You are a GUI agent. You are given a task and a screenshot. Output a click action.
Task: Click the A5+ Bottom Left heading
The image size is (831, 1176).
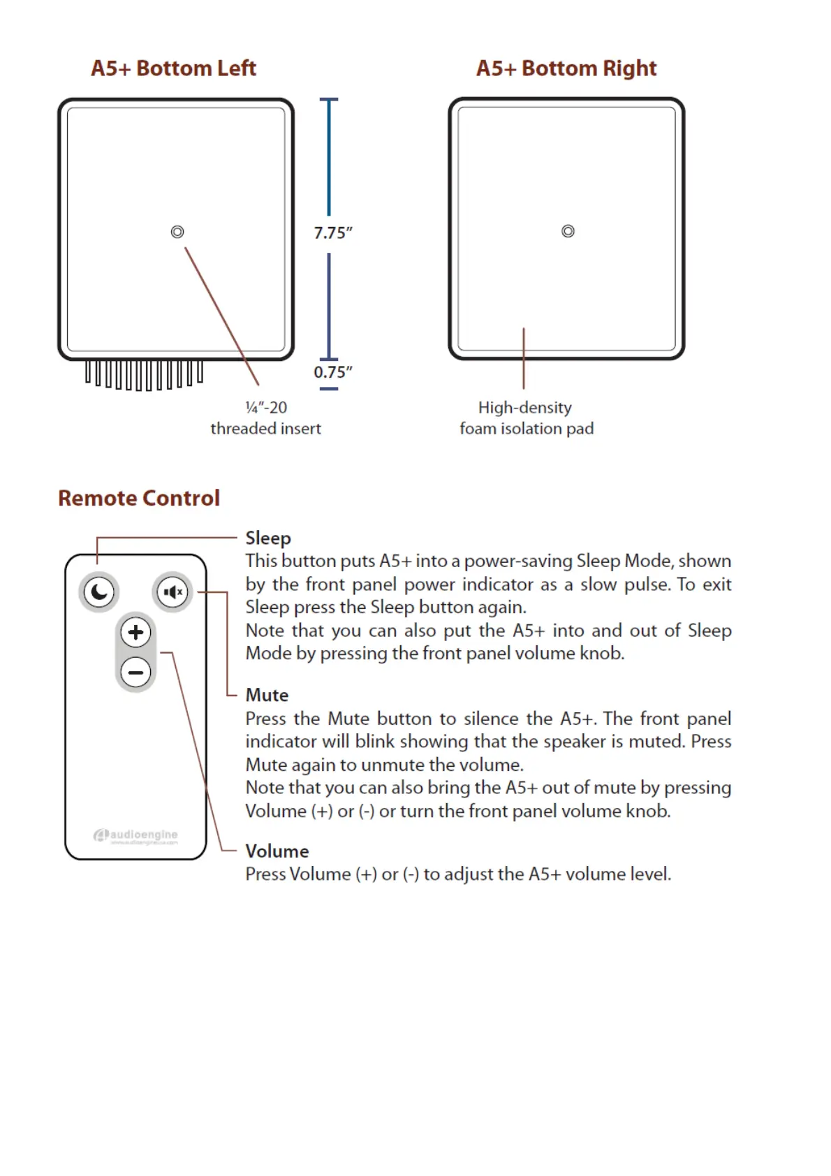click(173, 68)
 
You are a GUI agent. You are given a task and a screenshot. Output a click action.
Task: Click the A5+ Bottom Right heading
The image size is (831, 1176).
click(566, 68)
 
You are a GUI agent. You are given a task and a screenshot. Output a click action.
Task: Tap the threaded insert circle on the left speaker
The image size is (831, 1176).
click(177, 232)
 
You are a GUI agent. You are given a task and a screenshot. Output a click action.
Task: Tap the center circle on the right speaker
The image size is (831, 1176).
click(568, 231)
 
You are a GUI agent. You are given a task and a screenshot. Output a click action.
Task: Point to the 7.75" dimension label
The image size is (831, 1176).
click(332, 233)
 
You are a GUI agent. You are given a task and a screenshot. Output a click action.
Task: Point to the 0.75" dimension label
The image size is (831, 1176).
click(332, 372)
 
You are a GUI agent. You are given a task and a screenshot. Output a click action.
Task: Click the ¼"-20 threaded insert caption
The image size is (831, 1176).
click(265, 418)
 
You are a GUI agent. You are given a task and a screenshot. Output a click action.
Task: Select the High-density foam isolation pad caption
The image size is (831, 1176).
click(526, 418)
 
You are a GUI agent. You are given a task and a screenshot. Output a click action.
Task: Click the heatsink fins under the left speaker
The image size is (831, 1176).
click(145, 374)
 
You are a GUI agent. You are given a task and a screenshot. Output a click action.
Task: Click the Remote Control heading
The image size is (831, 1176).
click(139, 498)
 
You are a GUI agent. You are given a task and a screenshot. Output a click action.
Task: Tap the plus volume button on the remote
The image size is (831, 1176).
click(135, 633)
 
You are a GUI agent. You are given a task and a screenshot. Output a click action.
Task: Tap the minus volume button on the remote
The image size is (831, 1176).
click(135, 672)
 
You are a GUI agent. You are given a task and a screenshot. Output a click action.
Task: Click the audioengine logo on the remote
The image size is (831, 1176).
click(136, 835)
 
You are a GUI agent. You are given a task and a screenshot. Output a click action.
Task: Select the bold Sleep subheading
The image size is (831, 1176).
click(268, 538)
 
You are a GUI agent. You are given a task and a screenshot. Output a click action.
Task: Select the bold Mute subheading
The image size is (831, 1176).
click(267, 696)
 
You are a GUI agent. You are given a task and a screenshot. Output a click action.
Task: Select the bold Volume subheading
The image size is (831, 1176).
click(277, 851)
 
